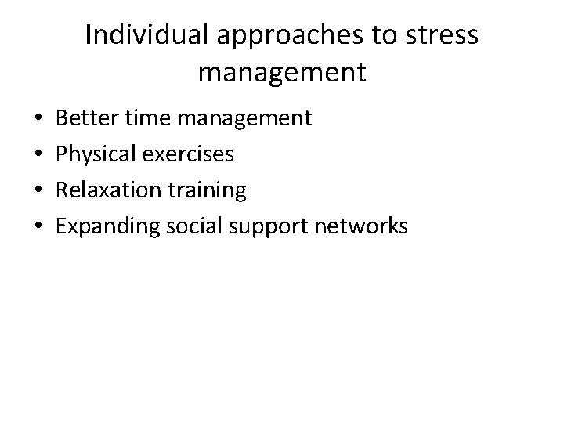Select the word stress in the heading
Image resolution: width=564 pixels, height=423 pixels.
coord(443,36)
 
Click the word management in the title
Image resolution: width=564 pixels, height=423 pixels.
coord(282,73)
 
